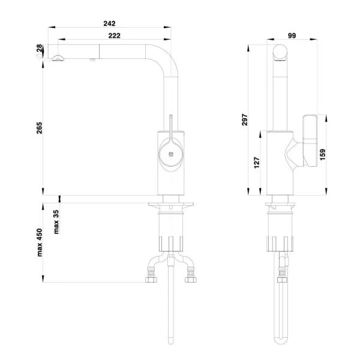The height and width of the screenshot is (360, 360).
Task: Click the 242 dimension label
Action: [x=109, y=23]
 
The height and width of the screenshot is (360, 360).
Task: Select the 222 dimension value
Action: [x=114, y=35]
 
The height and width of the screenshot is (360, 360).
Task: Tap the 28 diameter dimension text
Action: [x=40, y=48]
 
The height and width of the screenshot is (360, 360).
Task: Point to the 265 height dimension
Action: [x=40, y=128]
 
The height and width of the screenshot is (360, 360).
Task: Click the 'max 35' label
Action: [x=56, y=222]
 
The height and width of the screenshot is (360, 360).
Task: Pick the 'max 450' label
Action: [x=40, y=242]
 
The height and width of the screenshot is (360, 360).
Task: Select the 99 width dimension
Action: [x=292, y=35]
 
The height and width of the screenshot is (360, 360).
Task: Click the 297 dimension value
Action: [x=245, y=119]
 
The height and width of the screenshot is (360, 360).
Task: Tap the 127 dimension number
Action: [x=257, y=163]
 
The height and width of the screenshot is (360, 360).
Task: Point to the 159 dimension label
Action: [x=322, y=155]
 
